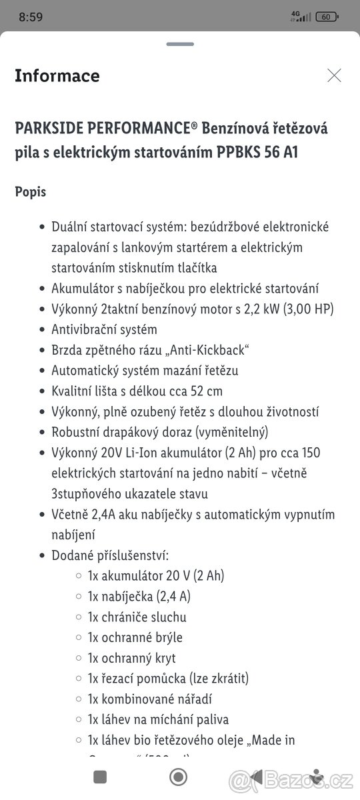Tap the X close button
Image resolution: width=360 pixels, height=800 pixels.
click(334, 75)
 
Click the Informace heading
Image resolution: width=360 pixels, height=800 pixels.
click(57, 76)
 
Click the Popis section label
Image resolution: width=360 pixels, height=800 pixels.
click(31, 191)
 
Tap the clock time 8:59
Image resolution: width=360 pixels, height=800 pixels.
click(31, 17)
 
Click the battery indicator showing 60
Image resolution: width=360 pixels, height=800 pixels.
click(327, 17)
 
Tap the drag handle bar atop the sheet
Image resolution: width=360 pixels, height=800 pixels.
click(180, 45)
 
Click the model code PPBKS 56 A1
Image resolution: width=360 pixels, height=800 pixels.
click(257, 153)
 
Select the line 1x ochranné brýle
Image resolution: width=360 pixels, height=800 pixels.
click(135, 637)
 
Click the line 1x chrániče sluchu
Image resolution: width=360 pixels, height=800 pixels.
click(137, 617)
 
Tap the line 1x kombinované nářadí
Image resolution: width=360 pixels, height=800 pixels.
click(150, 699)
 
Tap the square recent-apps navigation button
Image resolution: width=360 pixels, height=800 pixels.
click(100, 777)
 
